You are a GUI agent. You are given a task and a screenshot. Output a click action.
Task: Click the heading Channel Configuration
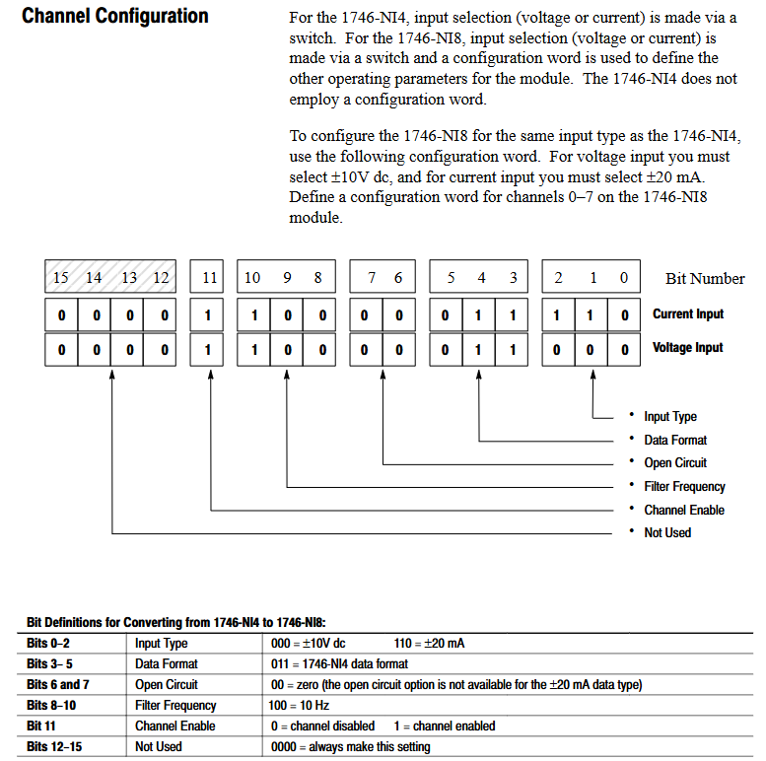coord(115,17)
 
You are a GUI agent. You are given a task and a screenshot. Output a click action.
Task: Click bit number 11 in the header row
coord(209,278)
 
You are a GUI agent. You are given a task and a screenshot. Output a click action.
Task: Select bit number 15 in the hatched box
coord(61,278)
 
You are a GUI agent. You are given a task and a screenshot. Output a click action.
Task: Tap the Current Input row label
coord(687,314)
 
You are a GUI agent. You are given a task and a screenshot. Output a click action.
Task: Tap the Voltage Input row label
coord(687,348)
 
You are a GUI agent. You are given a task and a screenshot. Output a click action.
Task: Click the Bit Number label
coord(705,279)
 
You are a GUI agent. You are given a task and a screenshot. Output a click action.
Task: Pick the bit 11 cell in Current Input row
coord(209,315)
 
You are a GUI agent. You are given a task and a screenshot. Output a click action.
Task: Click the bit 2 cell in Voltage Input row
coord(557,349)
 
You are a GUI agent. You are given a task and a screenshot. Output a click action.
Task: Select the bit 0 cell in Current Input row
coord(623,315)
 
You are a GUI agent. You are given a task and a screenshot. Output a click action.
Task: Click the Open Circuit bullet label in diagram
coord(675,463)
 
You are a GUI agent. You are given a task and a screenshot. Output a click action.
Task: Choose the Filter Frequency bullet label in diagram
coord(684,487)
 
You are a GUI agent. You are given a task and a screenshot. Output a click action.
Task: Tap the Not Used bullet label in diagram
coord(667,533)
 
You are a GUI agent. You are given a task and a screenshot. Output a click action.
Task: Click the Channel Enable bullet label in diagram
coord(684,511)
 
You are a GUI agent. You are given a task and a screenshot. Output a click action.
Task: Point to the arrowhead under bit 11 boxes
coord(211,377)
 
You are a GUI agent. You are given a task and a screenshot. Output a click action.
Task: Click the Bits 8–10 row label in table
coord(52,706)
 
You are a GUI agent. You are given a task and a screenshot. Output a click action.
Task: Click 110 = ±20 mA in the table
coord(429,644)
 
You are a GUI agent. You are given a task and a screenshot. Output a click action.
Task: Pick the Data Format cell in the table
coord(166,664)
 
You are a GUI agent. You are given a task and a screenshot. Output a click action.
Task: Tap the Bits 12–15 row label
coord(54,747)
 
